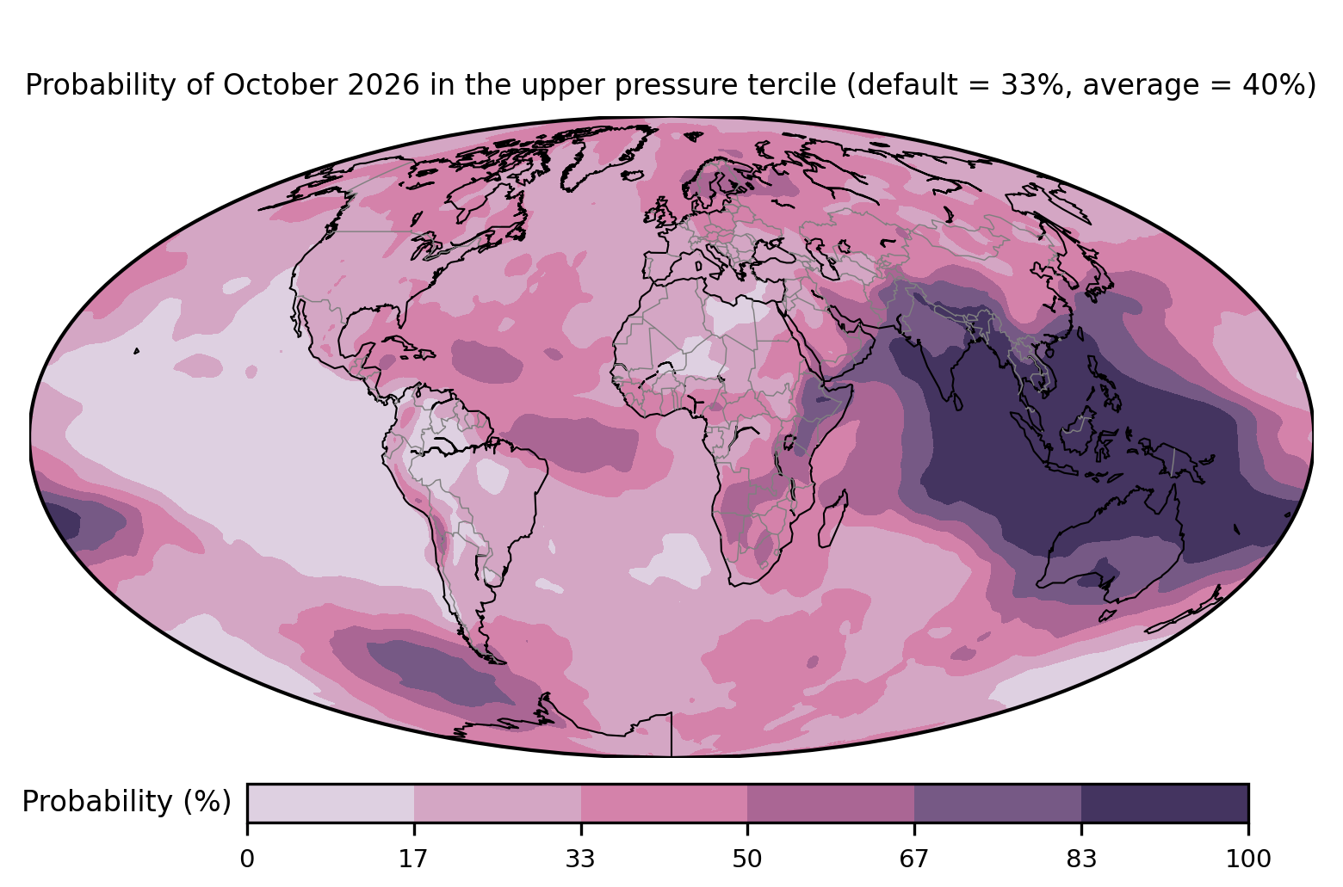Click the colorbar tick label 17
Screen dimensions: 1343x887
pyautogui.click(x=413, y=859)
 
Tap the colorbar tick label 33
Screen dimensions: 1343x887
pyautogui.click(x=580, y=859)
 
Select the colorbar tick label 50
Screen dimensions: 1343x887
pyautogui.click(x=747, y=859)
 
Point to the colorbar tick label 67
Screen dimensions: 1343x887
pyautogui.click(x=913, y=859)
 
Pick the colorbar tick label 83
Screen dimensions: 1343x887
pyautogui.click(x=1081, y=859)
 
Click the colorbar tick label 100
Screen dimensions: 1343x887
pyautogui.click(x=1248, y=859)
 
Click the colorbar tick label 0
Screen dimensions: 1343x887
pyautogui.click(x=247, y=859)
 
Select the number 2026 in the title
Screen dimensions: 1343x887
pyautogui.click(x=383, y=85)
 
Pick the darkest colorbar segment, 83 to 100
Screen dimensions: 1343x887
pyautogui.click(x=1165, y=803)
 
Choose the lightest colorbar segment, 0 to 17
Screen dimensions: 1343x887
pyautogui.click(x=331, y=803)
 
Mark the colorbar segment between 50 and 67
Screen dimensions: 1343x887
pyautogui.click(x=831, y=803)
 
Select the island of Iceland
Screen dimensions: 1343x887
pyautogui.click(x=633, y=176)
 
